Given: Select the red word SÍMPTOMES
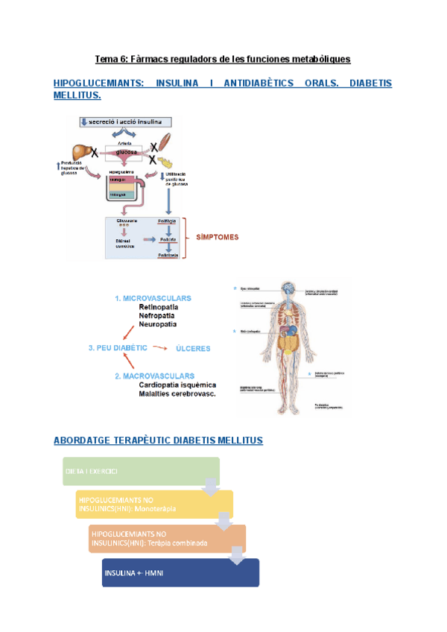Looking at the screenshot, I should click(217, 238).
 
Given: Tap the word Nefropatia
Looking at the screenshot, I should click(161, 315).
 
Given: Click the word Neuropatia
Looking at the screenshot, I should click(161, 324).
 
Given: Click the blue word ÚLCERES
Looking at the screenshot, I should click(193, 348).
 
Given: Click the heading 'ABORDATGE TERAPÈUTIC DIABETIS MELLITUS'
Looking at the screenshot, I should click(158, 440).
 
